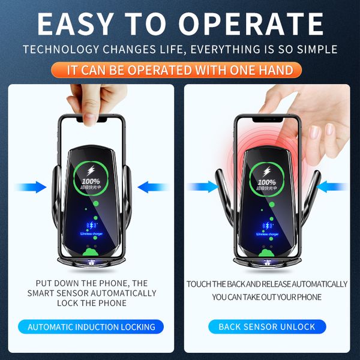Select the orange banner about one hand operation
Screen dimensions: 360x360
click(180, 70)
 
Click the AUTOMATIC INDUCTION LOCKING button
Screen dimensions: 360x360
click(91, 327)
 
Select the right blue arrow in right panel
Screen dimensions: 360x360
click(333, 187)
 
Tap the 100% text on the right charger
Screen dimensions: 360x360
click(267, 182)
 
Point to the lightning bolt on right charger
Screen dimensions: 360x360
click(267, 171)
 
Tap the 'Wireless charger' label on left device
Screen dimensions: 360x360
click(91, 235)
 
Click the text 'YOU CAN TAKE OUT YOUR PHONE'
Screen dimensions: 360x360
click(267, 297)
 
